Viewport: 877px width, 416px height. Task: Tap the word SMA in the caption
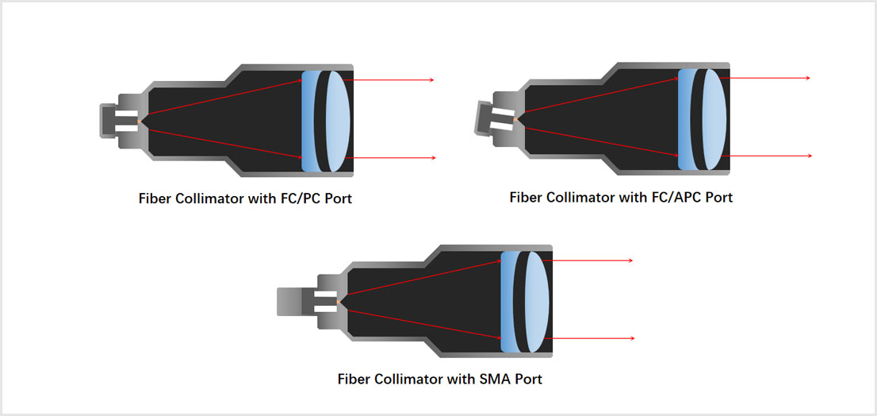click(x=492, y=379)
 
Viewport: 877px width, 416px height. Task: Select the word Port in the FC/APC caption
click(x=718, y=197)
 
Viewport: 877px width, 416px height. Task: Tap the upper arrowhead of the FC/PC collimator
click(x=431, y=80)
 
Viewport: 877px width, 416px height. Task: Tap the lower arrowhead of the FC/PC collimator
click(x=433, y=158)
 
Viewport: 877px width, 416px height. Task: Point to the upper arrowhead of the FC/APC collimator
click(x=807, y=78)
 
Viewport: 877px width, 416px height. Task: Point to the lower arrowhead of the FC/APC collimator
click(x=809, y=156)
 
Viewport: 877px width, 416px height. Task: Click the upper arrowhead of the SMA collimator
click(x=630, y=260)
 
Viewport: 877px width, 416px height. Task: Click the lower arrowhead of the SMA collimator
click(x=631, y=338)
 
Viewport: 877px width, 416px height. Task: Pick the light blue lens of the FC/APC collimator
click(x=711, y=117)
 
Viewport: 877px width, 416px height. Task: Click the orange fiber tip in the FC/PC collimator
click(x=140, y=121)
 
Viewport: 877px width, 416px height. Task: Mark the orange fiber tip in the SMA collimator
click(x=339, y=302)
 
